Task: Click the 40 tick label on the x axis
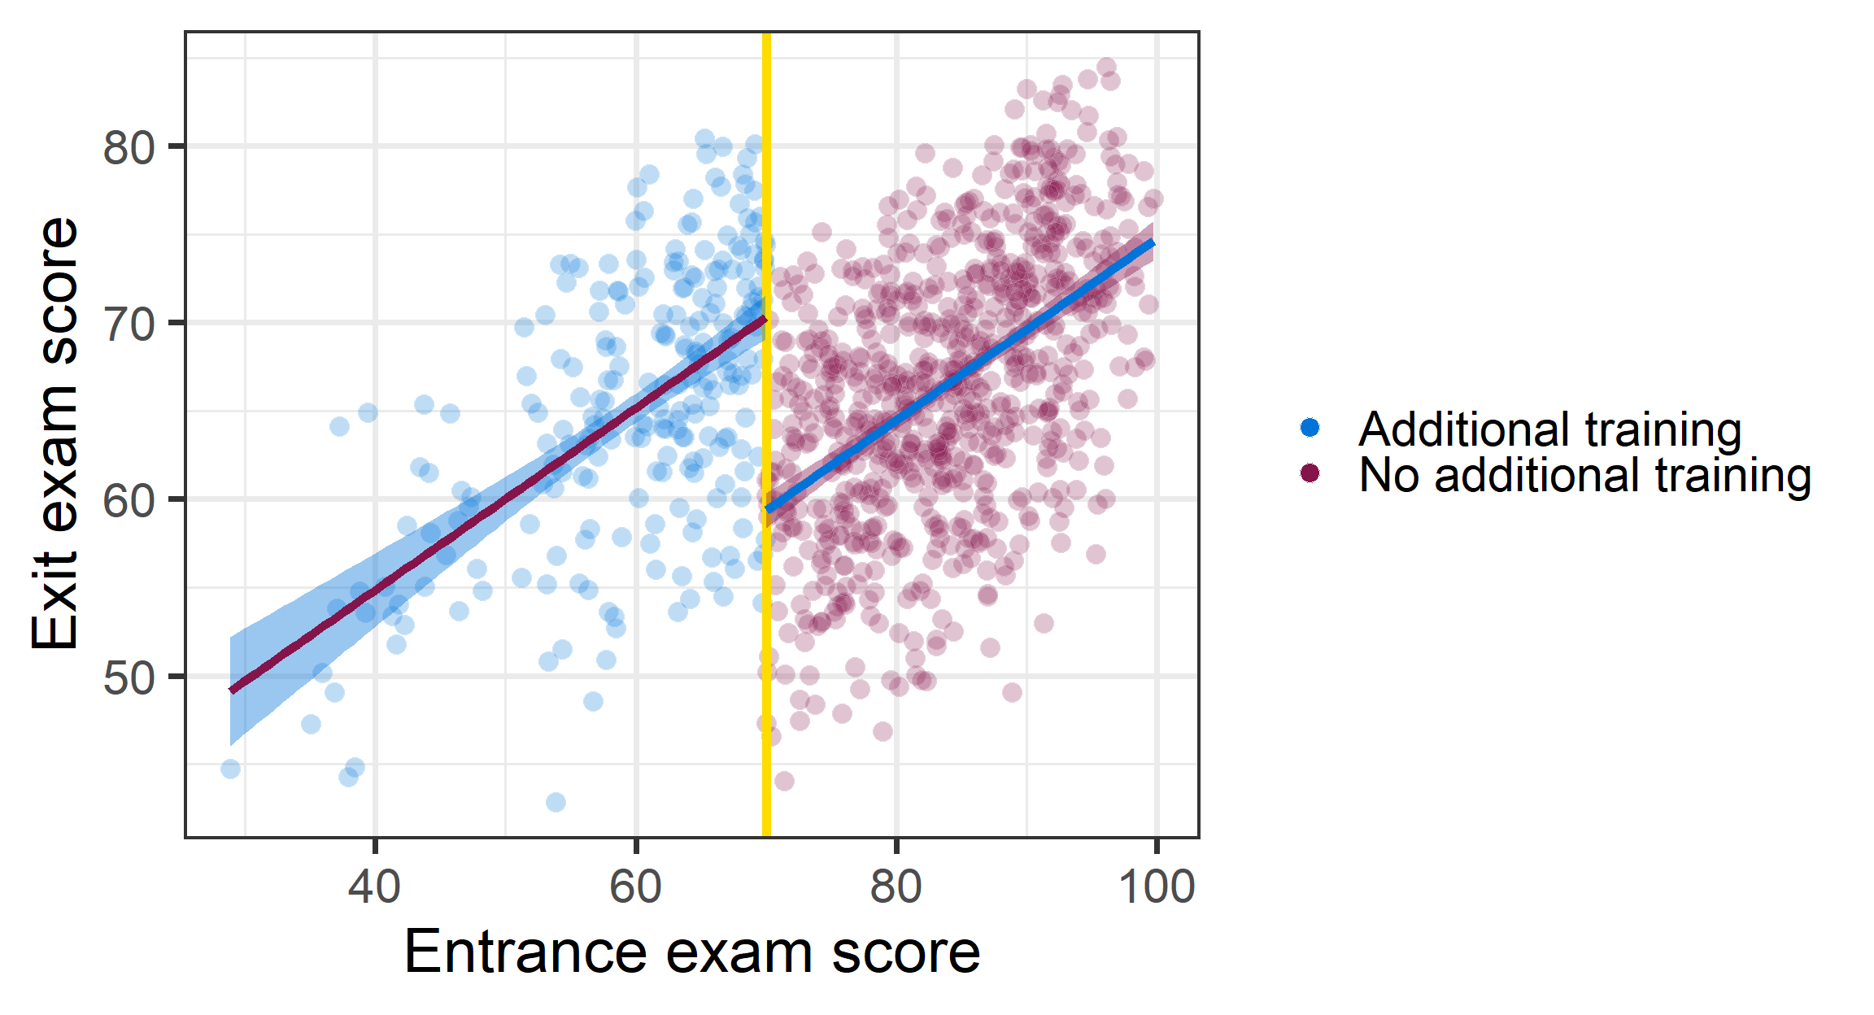[374, 886]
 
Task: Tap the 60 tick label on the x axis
[635, 886]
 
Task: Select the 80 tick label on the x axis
[896, 886]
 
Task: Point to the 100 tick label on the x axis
[1156, 886]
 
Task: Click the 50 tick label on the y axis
[129, 677]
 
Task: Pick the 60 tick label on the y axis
[129, 500]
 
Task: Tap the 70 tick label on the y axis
[129, 324]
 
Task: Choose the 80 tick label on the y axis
[129, 147]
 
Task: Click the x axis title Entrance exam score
[691, 952]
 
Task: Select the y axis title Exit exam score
[55, 433]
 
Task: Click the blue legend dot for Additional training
[1310, 428]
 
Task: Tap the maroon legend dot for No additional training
[1310, 473]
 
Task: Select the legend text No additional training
[1584, 475]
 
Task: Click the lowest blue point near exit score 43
[556, 803]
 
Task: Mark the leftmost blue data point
[231, 769]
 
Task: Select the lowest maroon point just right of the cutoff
[784, 781]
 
